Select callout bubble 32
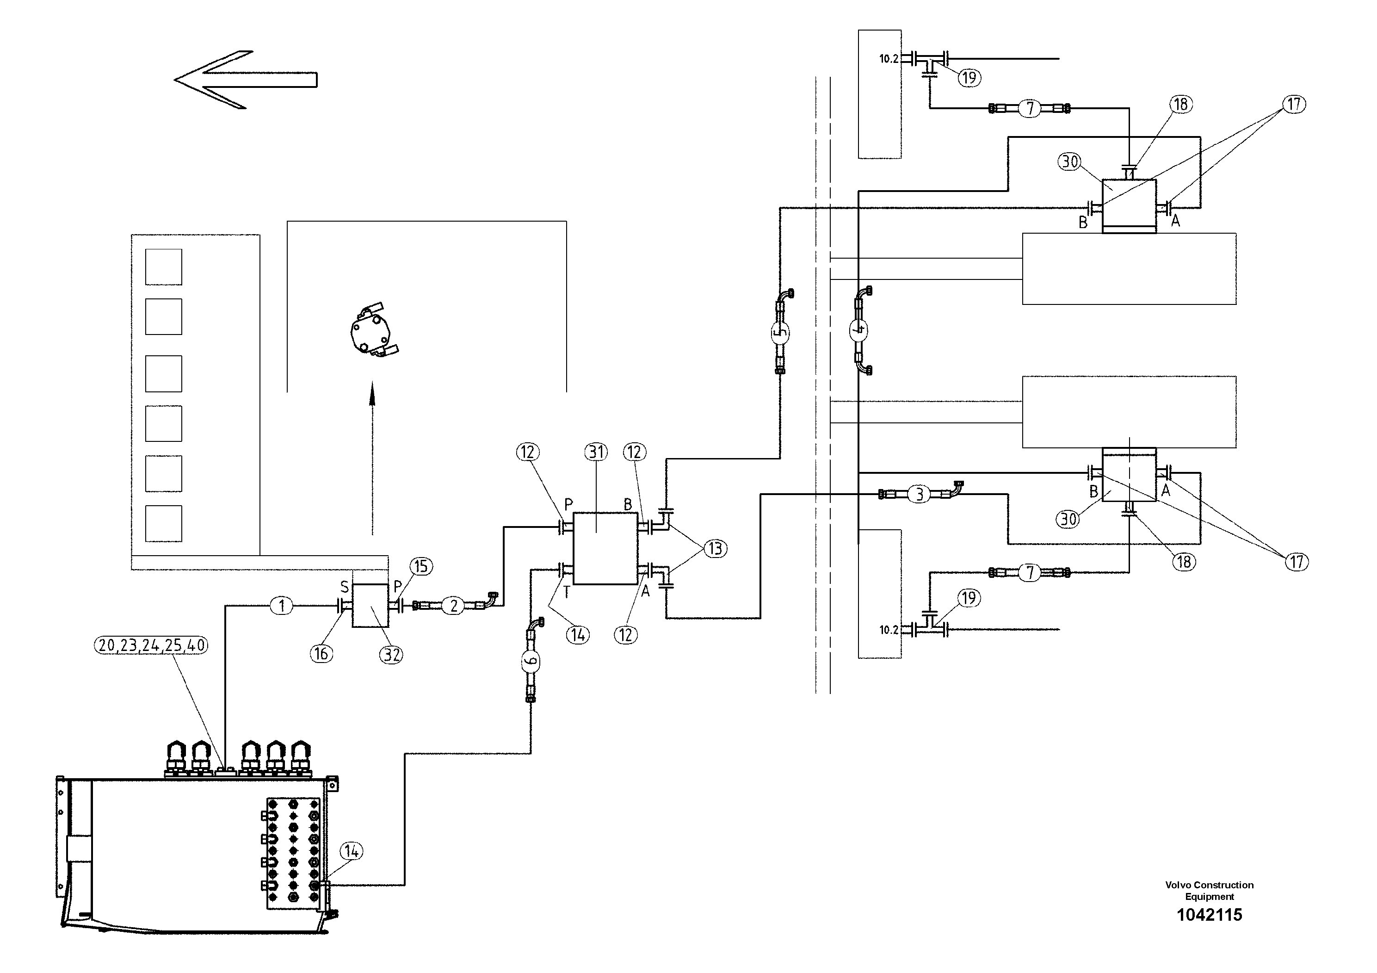point(392,655)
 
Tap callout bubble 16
point(321,653)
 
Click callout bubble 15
point(421,566)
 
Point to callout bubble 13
point(715,548)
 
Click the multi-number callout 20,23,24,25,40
point(151,645)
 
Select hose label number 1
point(282,606)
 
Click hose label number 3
point(920,495)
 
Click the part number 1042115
point(1209,915)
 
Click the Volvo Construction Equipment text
point(1209,891)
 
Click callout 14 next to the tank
point(352,851)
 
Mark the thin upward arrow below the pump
point(372,456)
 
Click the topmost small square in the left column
point(164,267)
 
